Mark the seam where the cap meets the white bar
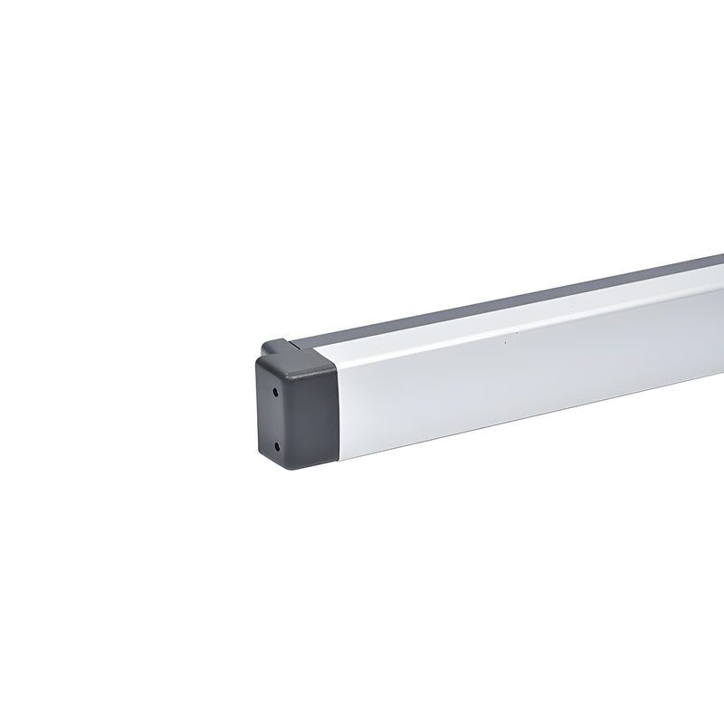(337, 412)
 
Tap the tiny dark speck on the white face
(505, 343)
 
